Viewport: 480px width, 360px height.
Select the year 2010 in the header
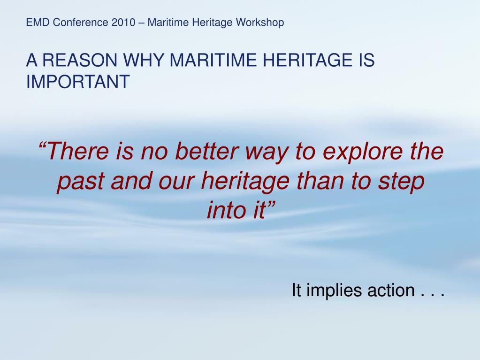pyautogui.click(x=123, y=23)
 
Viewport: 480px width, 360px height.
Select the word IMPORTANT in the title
pyautogui.click(x=78, y=81)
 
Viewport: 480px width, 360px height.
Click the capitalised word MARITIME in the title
pyautogui.click(x=213, y=60)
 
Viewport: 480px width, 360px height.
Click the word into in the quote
pyautogui.click(x=227, y=210)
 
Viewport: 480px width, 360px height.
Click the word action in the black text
pyautogui.click(x=391, y=290)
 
